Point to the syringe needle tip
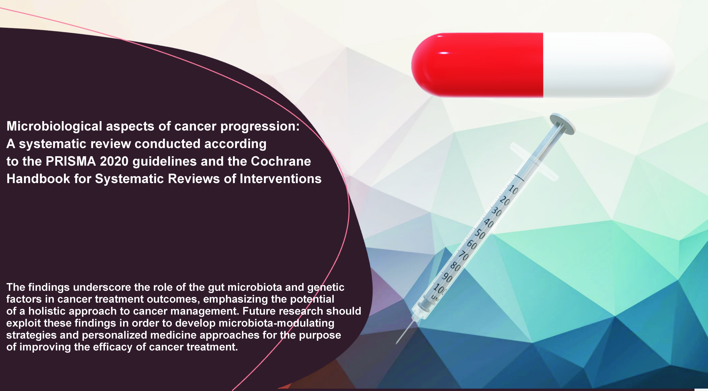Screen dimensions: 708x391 coord(396,344)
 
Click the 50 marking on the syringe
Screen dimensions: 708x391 coord(480,234)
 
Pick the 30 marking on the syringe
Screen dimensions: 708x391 coord(496,212)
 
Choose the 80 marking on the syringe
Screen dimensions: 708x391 coord(455,267)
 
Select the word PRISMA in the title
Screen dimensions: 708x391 coord(71,161)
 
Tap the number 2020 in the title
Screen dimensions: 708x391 coord(114,161)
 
